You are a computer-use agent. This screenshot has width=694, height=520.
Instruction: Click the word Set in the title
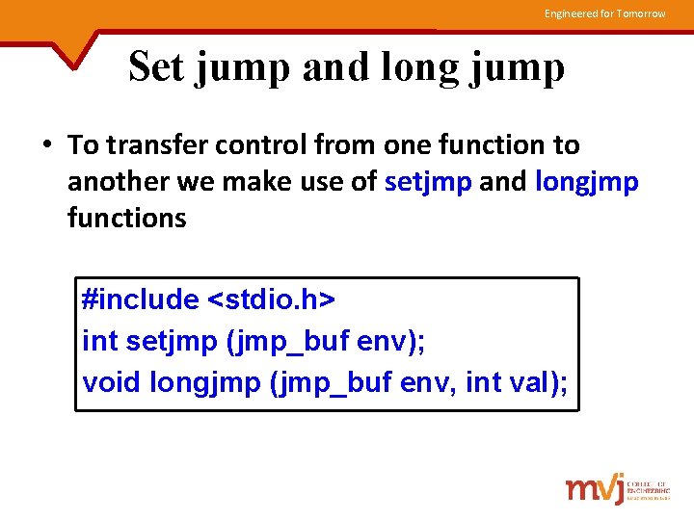pyautogui.click(x=158, y=67)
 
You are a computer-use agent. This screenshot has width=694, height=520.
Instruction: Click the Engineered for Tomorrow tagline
pyautogui.click(x=604, y=13)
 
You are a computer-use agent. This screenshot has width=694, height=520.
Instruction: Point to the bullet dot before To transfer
pyautogui.click(x=47, y=146)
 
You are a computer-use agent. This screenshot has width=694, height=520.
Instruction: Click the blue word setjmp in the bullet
pyautogui.click(x=427, y=182)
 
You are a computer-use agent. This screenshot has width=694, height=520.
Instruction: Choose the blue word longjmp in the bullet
pyautogui.click(x=585, y=182)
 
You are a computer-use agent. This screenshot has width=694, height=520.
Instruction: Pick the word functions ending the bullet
pyautogui.click(x=126, y=218)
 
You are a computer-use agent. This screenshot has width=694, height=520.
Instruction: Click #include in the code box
pyautogui.click(x=141, y=299)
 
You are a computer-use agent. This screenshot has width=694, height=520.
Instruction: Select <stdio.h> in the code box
pyautogui.click(x=272, y=299)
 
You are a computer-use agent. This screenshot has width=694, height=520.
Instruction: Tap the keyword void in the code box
pyautogui.click(x=113, y=382)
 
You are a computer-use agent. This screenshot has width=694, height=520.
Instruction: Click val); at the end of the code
pyautogui.click(x=538, y=382)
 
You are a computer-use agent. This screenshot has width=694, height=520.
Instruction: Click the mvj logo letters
pyautogui.click(x=594, y=488)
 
